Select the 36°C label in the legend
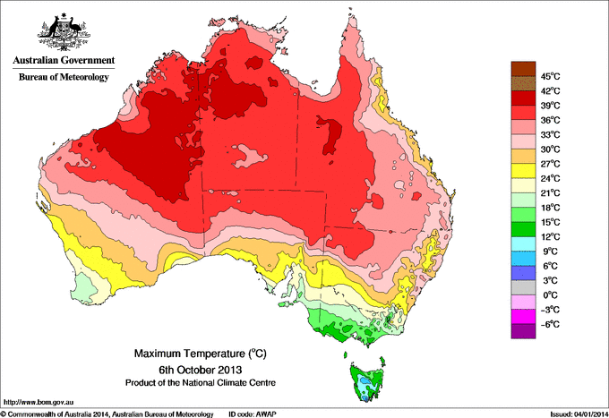pyautogui.click(x=547, y=120)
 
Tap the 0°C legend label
pyautogui.click(x=549, y=294)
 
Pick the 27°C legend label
pyautogui.click(x=547, y=164)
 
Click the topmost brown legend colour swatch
pyautogui.click(x=522, y=68)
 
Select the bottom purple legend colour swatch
pyautogui.click(x=522, y=331)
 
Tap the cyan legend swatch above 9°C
pyautogui.click(x=522, y=243)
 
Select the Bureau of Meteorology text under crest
pyautogui.click(x=63, y=78)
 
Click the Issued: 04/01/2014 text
pyautogui.click(x=573, y=414)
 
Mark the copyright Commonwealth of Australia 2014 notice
pyautogui.click(x=107, y=414)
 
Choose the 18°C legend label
pyautogui.click(x=547, y=208)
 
